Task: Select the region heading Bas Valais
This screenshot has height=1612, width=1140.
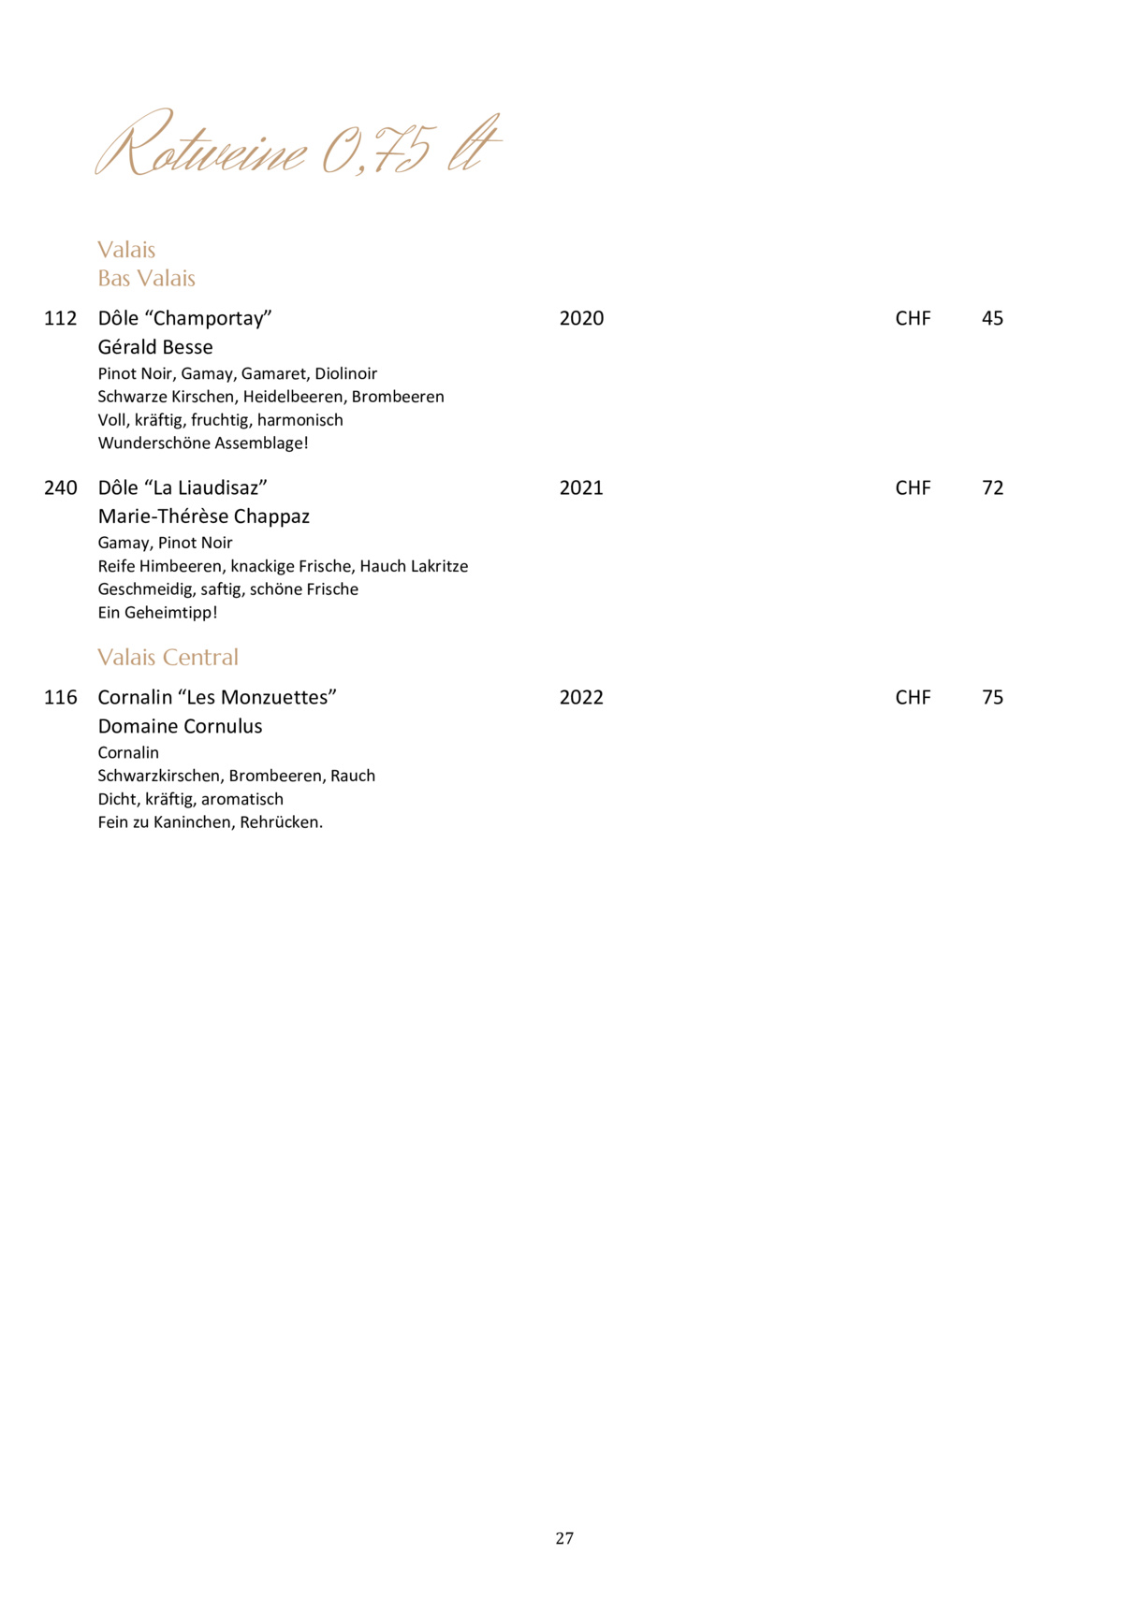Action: click(x=146, y=278)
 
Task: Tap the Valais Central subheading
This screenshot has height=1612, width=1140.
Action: click(x=168, y=657)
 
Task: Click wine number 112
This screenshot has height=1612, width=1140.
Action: click(x=60, y=318)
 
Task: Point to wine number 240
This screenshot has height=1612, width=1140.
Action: click(x=60, y=487)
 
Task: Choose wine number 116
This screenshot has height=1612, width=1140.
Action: click(x=60, y=697)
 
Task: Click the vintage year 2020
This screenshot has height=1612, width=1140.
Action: click(x=581, y=318)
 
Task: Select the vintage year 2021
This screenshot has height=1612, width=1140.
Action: click(x=581, y=487)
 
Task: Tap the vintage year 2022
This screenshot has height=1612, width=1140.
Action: click(x=581, y=697)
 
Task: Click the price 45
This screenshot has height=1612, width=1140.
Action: click(x=992, y=318)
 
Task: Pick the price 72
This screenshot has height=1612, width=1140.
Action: click(x=992, y=487)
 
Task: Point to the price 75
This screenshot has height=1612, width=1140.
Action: click(x=992, y=697)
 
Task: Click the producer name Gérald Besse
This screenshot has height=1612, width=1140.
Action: click(x=155, y=347)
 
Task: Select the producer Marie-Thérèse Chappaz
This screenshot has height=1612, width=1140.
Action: click(x=203, y=516)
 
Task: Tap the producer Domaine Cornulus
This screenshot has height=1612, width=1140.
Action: click(x=180, y=726)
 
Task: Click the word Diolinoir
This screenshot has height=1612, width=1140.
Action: click(x=345, y=373)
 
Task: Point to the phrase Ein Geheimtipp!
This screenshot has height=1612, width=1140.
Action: click(x=157, y=613)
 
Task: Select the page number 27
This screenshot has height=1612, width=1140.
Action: click(x=564, y=1538)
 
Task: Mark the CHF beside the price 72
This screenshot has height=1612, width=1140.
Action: click(x=913, y=487)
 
